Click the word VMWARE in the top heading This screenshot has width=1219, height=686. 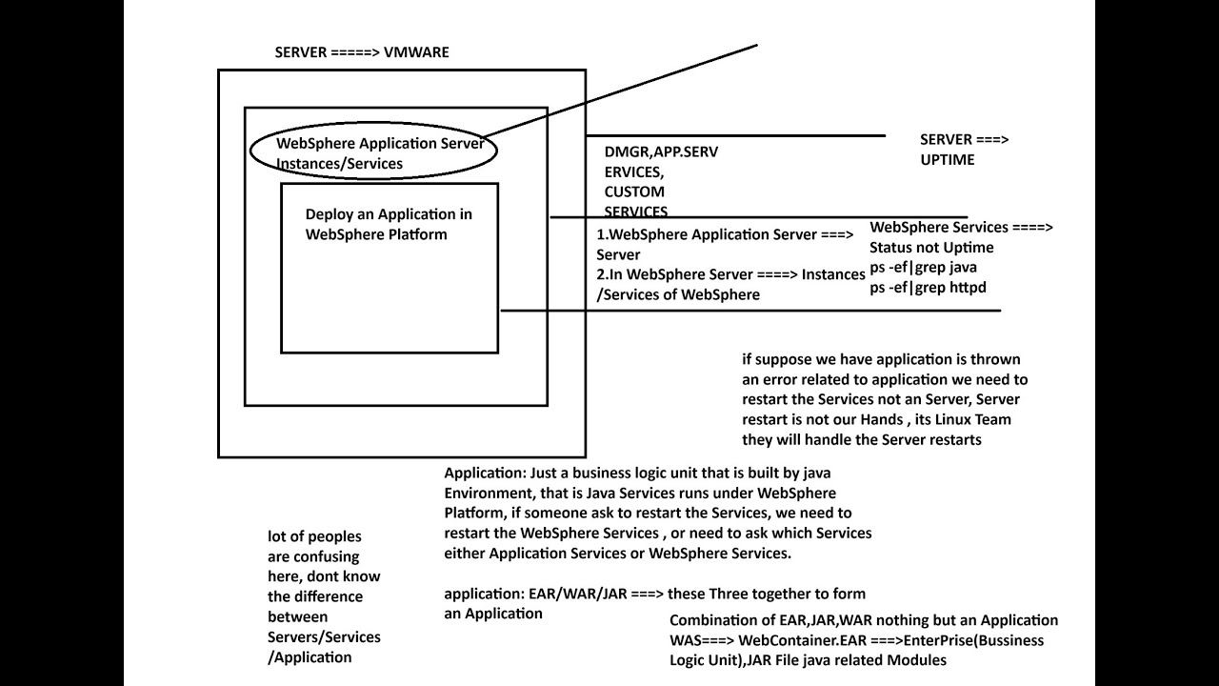(x=416, y=52)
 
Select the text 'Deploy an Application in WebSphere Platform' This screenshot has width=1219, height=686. (x=388, y=224)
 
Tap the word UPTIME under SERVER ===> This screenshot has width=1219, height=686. (x=947, y=160)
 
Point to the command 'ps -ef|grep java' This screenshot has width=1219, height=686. (x=923, y=268)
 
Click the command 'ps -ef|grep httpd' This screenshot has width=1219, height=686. (x=927, y=288)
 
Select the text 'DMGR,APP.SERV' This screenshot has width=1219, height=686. (x=661, y=151)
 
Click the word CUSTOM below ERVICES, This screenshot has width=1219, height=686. (x=634, y=192)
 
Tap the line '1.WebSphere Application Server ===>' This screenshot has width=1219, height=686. (x=725, y=234)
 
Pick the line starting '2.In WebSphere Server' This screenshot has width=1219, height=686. (x=730, y=274)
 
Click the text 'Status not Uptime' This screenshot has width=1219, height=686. (x=931, y=248)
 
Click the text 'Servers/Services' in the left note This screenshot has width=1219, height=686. (x=324, y=636)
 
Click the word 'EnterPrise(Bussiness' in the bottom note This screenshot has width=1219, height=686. (x=976, y=640)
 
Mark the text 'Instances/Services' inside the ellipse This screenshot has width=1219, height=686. (x=339, y=164)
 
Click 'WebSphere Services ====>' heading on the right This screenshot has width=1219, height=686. (x=961, y=228)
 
